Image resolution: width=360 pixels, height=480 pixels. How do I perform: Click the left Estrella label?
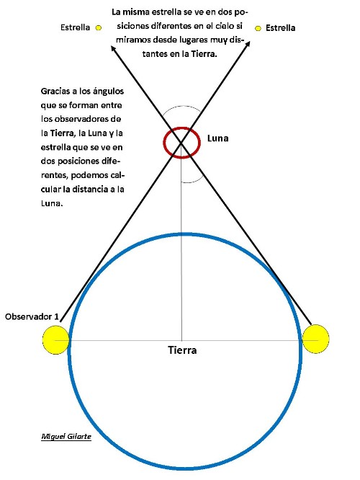[x=76, y=27]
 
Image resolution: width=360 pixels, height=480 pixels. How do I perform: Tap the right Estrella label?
[x=281, y=28]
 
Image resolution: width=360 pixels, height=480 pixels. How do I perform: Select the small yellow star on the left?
[x=99, y=28]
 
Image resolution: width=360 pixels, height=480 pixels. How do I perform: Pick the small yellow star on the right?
[x=258, y=29]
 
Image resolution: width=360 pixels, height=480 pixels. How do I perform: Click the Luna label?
[x=217, y=138]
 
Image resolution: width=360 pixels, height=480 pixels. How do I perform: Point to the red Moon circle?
[x=164, y=143]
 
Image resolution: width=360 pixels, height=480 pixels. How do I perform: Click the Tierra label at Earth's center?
[x=182, y=350]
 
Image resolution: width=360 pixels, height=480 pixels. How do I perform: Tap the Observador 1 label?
[x=32, y=316]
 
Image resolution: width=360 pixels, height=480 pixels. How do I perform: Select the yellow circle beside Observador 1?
[x=56, y=340]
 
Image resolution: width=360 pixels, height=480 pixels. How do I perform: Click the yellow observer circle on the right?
[x=315, y=339]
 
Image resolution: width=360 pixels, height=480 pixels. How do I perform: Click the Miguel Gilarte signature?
[x=66, y=436]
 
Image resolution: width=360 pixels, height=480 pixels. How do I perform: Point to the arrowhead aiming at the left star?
[x=113, y=48]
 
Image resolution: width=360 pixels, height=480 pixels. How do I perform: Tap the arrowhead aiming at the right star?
[x=248, y=44]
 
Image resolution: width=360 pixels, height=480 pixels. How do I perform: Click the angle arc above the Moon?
[x=182, y=106]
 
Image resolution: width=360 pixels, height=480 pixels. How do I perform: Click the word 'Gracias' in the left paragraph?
[x=55, y=92]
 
